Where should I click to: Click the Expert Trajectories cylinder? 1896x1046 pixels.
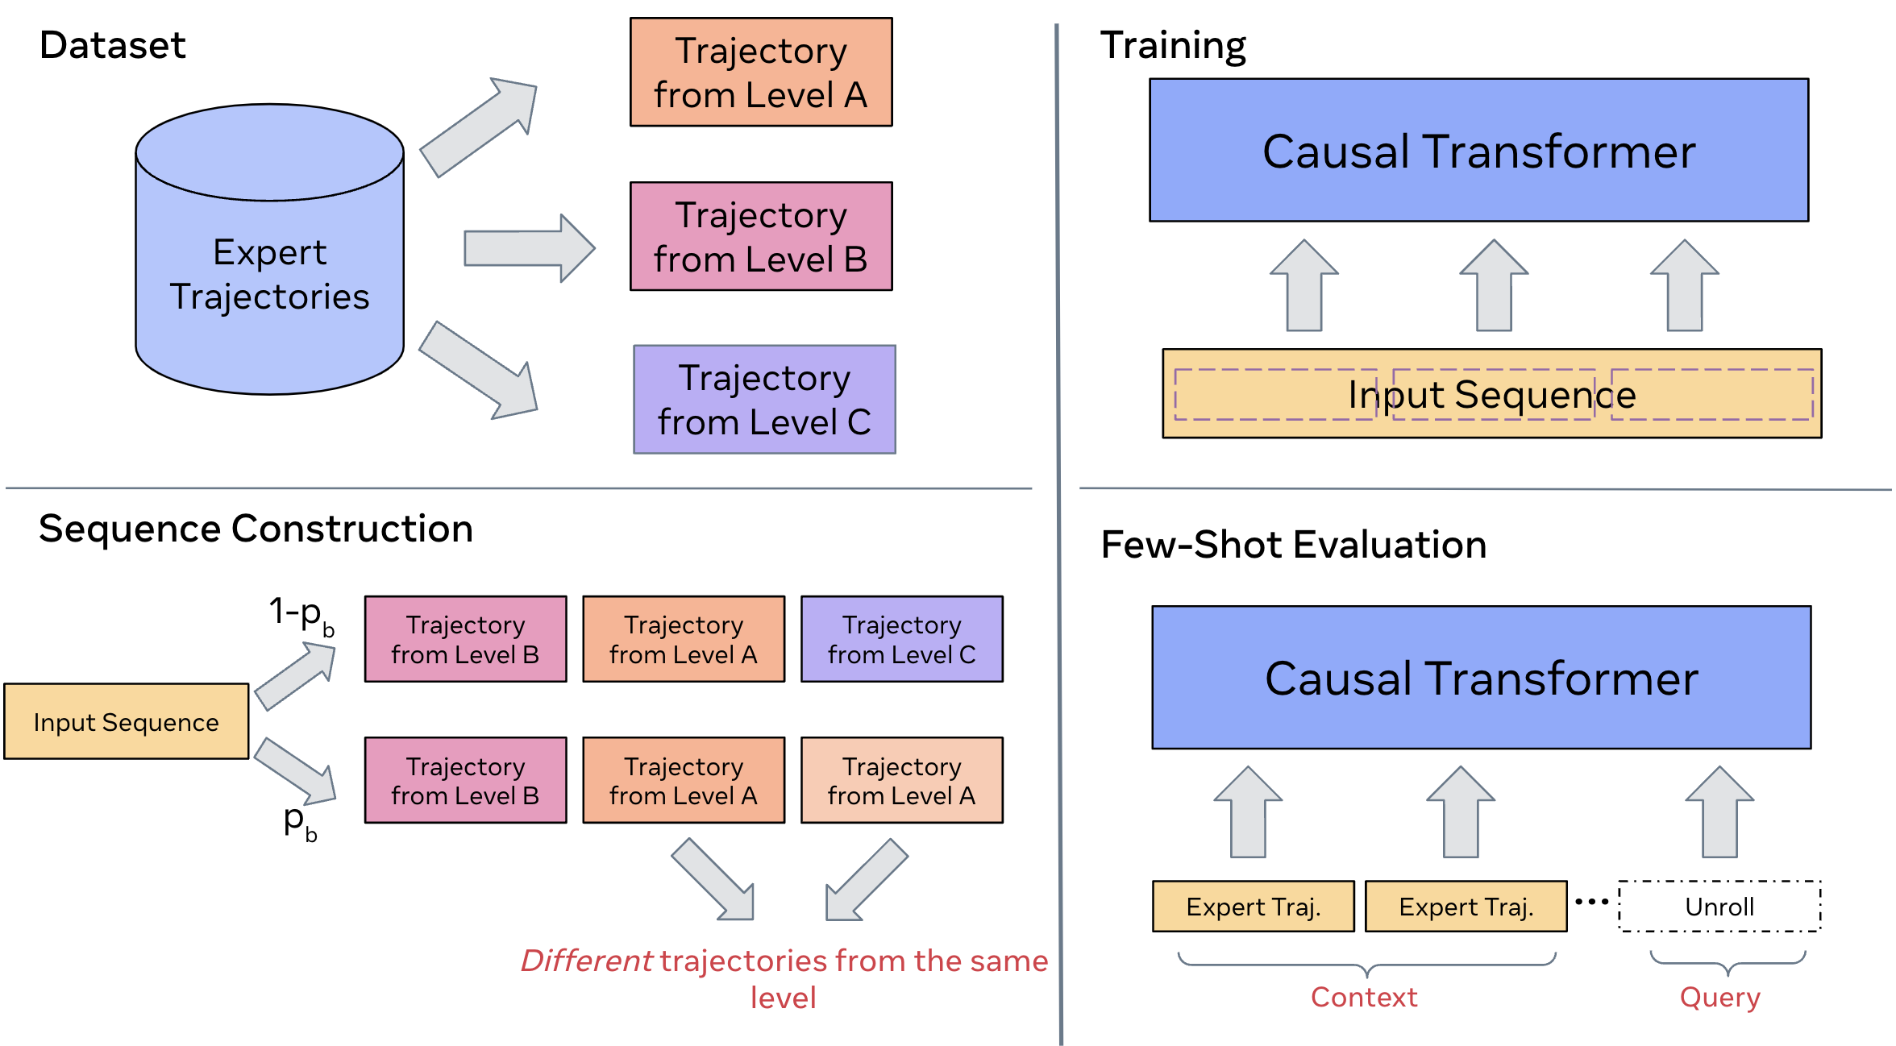click(269, 274)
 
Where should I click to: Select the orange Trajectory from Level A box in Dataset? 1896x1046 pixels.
click(760, 73)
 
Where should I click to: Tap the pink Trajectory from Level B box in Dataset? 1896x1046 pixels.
click(760, 236)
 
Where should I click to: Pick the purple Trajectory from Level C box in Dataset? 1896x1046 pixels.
click(763, 400)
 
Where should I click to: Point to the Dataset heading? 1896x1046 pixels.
click(112, 45)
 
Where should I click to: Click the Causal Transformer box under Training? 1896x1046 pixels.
click(1478, 151)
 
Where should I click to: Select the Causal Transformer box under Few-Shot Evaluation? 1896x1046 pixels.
click(1481, 678)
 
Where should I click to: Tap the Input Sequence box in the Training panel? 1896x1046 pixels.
click(1491, 394)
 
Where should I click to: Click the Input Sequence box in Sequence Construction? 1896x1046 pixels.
click(126, 722)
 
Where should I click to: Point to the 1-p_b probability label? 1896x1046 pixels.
click(301, 615)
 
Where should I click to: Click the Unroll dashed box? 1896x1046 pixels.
click(1719, 907)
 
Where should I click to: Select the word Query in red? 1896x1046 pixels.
click(1719, 998)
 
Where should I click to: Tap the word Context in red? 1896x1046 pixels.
click(1363, 998)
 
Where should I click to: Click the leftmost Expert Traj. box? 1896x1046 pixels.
click(1253, 907)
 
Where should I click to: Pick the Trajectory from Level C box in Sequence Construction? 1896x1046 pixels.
click(901, 640)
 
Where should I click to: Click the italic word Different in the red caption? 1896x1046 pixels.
click(586, 961)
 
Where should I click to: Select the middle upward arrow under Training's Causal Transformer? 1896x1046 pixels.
click(1494, 286)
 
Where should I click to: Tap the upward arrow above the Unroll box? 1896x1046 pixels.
click(1719, 812)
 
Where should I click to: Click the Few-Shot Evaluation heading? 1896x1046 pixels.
click(1293, 545)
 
